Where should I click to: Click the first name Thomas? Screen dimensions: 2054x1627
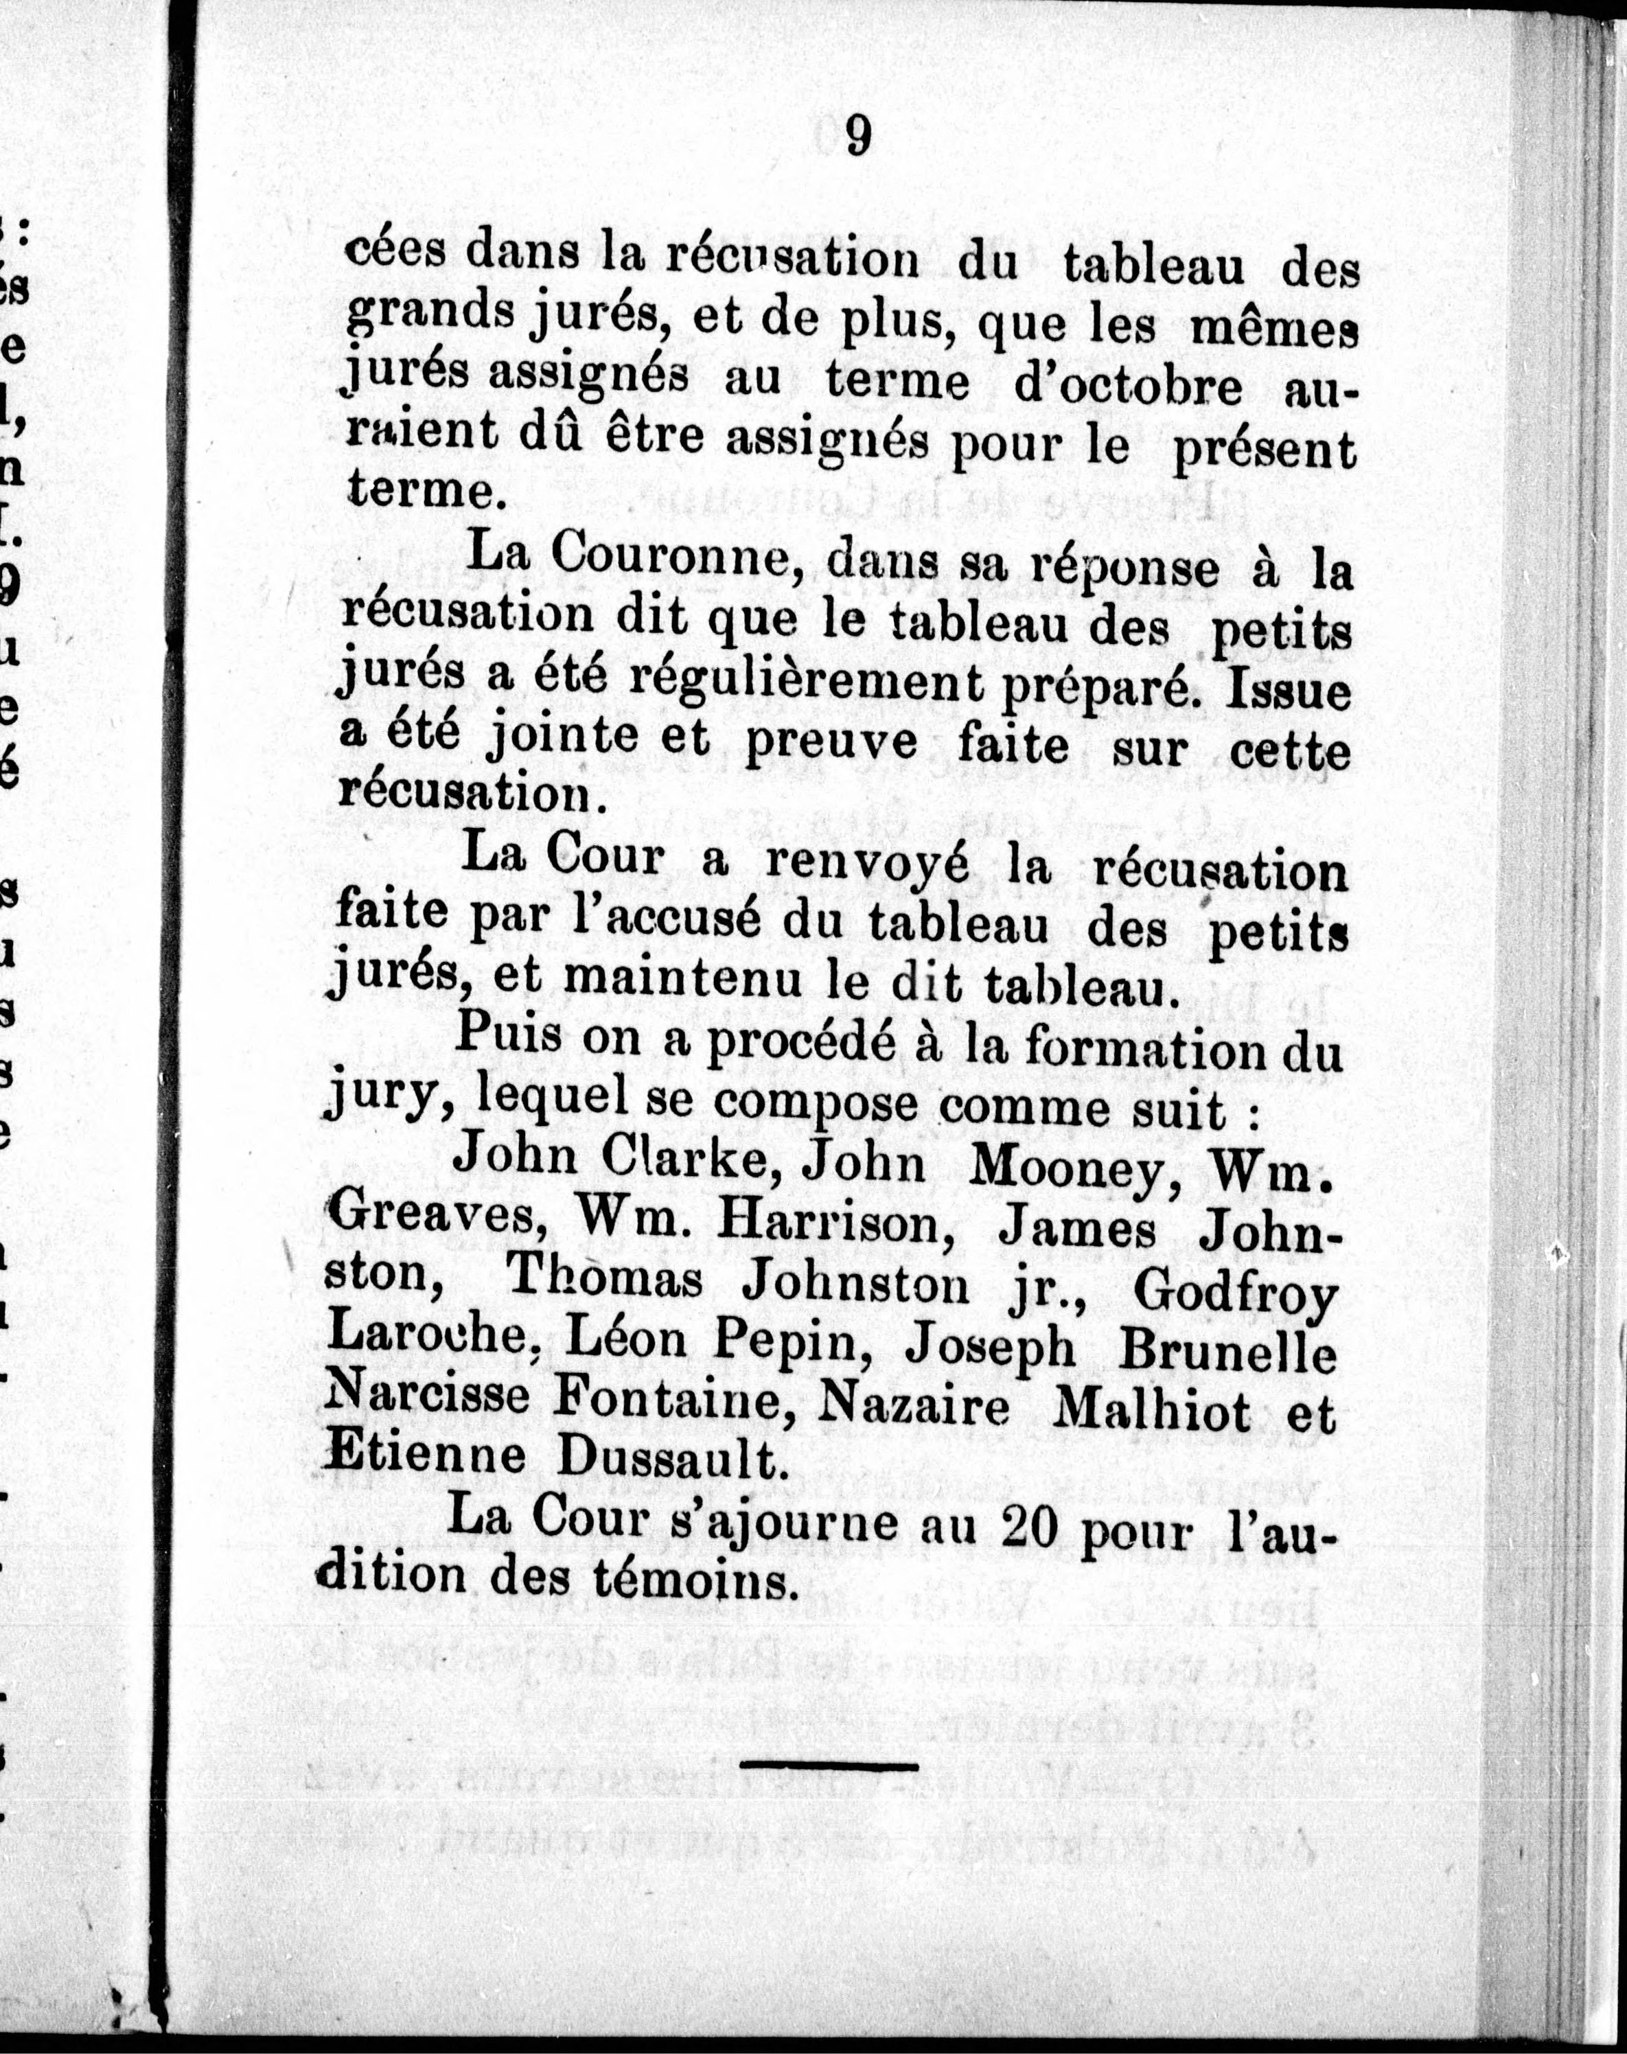pos(605,1278)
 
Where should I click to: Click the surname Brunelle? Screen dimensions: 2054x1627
pos(1229,1352)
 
